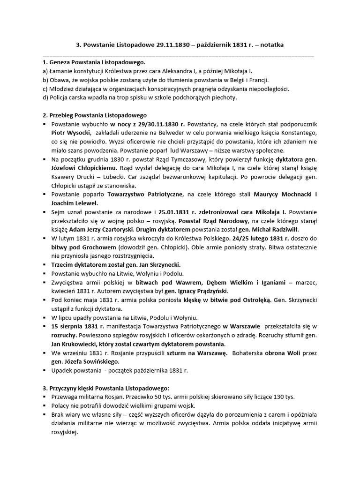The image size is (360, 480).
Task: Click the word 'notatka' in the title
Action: tap(270, 45)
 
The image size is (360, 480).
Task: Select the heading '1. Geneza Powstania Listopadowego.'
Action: tap(94, 62)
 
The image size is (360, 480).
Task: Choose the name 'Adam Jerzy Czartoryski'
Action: tap(102, 230)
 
